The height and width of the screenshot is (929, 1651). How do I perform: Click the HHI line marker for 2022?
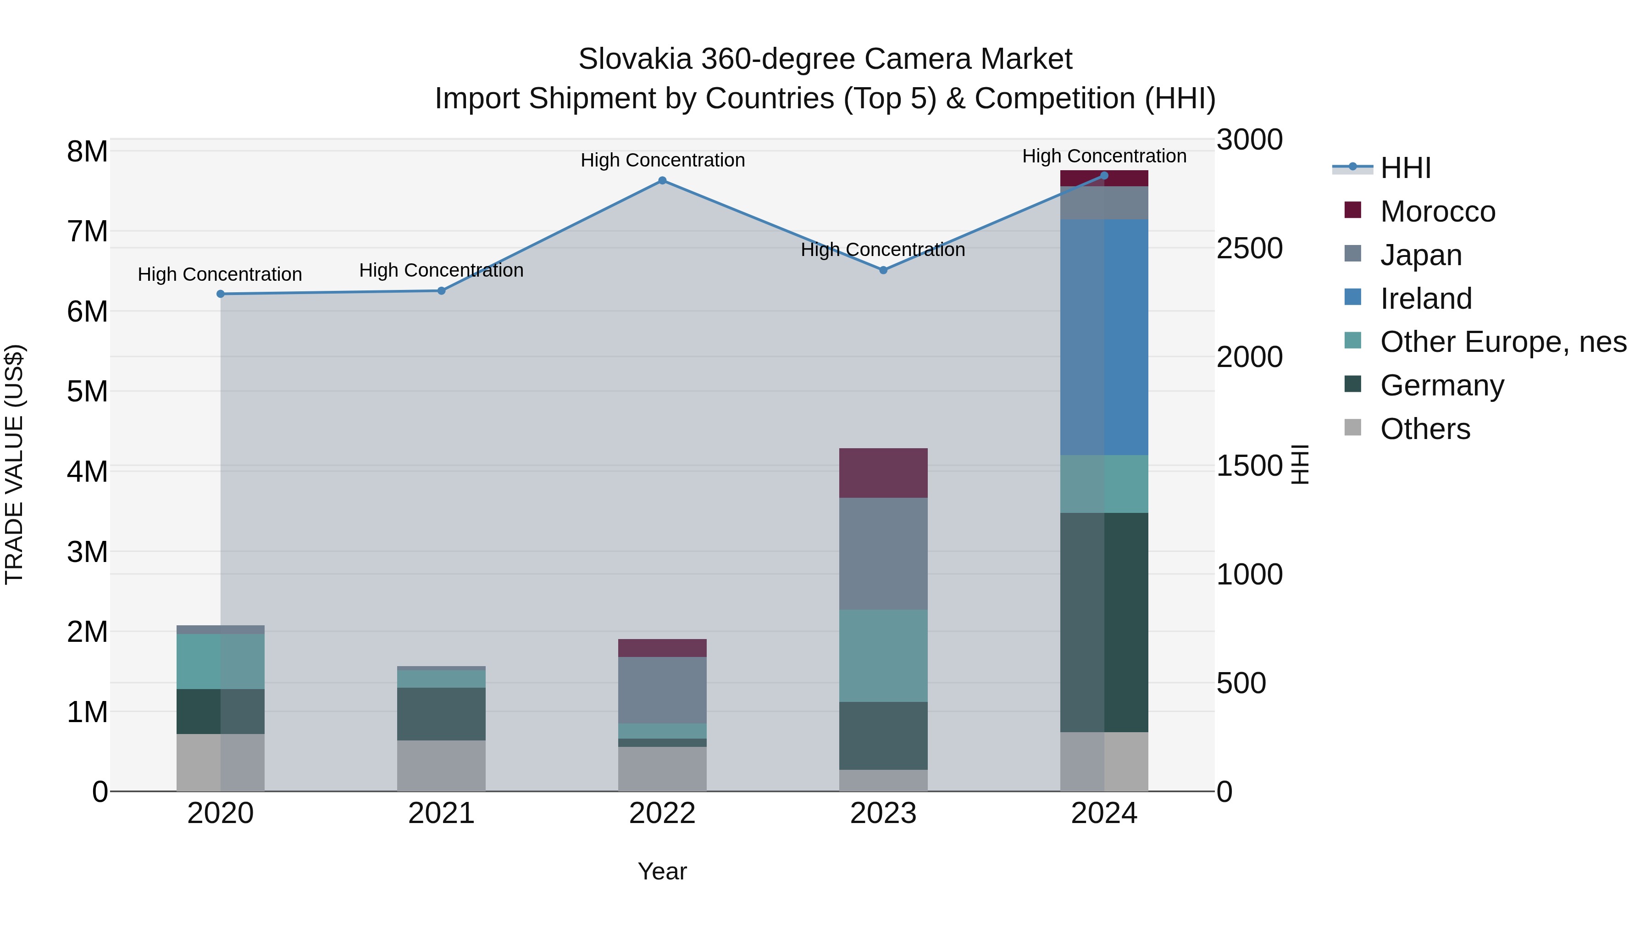coord(662,181)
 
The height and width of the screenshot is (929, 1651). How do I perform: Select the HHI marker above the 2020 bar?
coord(221,294)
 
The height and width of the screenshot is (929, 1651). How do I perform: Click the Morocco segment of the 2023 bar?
coord(883,473)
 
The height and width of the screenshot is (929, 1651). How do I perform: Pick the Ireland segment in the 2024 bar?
coord(1104,337)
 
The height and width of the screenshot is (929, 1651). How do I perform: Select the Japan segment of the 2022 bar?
coord(662,690)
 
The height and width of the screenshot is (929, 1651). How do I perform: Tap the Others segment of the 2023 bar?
coord(883,780)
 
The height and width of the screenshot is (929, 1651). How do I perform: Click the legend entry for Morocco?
coord(1438,211)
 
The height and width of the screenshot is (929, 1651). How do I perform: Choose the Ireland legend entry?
coord(1426,299)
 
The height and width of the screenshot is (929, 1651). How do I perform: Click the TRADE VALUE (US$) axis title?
coord(14,464)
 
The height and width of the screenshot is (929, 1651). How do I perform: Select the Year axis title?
coord(662,872)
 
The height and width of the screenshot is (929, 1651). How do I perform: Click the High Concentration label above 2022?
coord(662,160)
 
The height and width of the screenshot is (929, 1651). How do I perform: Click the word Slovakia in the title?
coord(635,60)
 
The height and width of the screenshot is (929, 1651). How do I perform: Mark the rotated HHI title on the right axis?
coord(1300,464)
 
